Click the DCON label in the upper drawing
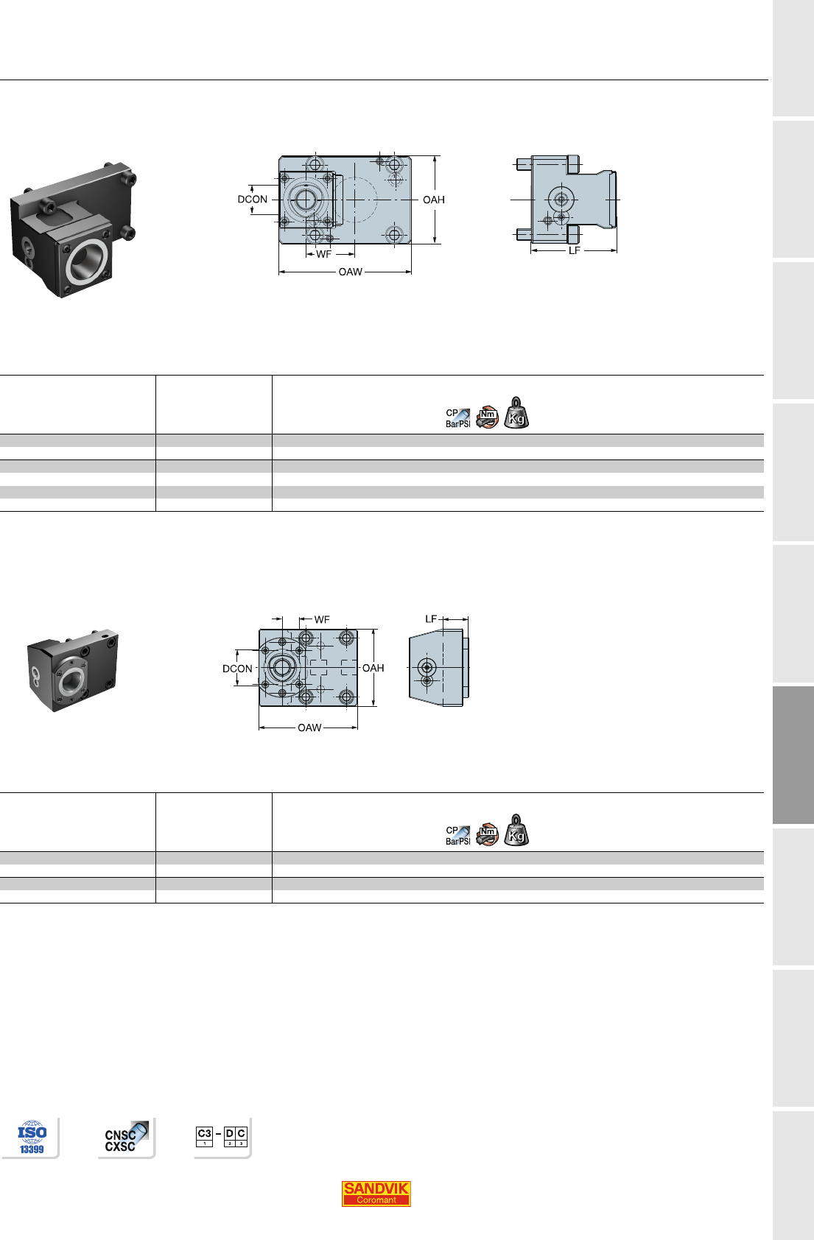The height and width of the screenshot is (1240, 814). tap(252, 200)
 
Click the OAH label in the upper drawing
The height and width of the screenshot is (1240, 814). tap(434, 200)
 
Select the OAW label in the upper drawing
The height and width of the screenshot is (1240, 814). tap(351, 272)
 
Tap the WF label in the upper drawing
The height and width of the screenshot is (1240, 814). tap(324, 254)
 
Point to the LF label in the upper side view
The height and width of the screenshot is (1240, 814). tap(575, 251)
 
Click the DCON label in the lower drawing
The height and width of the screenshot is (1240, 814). tap(237, 669)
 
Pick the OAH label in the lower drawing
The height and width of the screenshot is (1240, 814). tap(373, 668)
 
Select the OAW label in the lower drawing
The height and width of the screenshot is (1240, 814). tap(309, 728)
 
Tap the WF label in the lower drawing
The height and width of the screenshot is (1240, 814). tap(322, 619)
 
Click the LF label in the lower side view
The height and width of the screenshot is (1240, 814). tap(431, 619)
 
